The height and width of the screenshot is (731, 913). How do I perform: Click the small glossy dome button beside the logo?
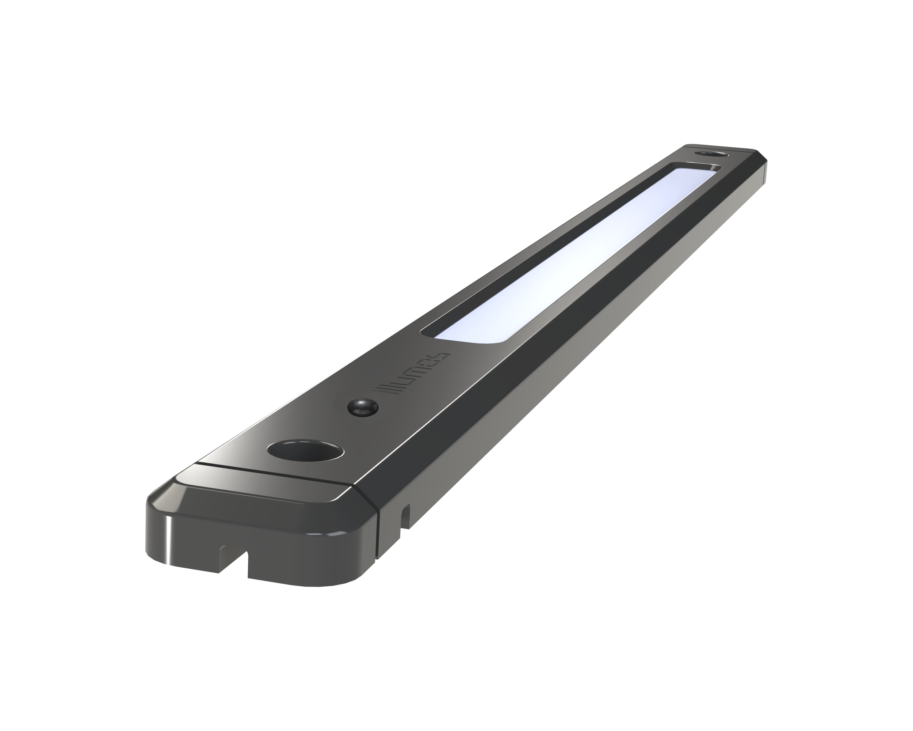[363, 407]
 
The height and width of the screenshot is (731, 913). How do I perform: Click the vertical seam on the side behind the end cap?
[378, 530]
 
